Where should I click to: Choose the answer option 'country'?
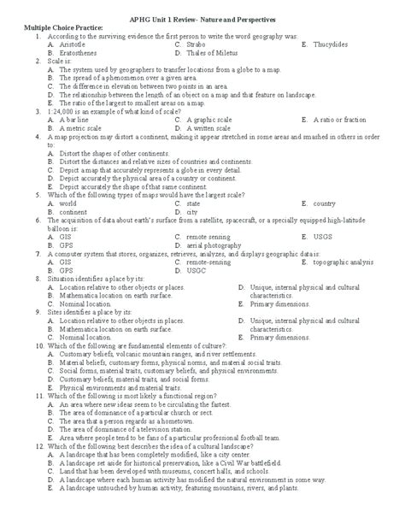[324, 204]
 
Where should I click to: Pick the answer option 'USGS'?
[323, 238]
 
